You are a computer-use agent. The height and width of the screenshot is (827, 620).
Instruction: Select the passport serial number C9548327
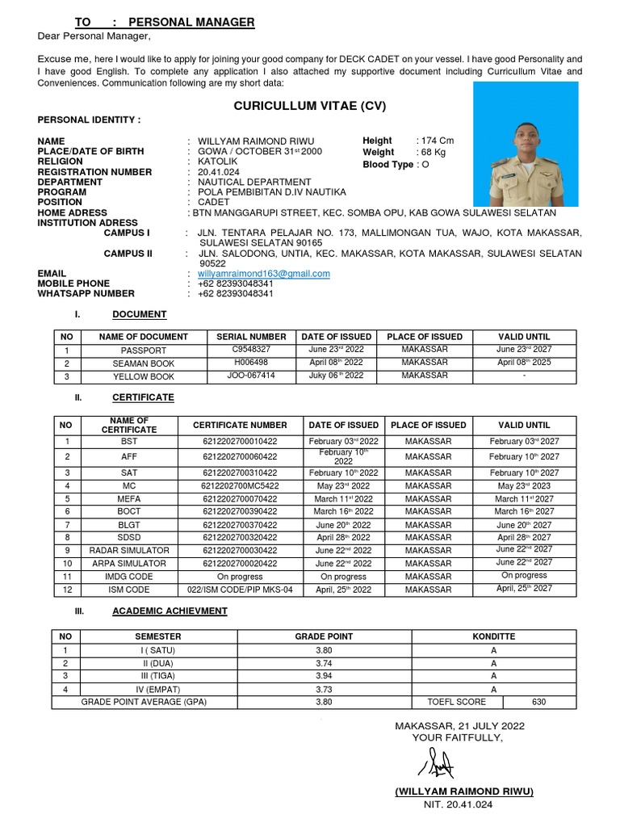(251, 350)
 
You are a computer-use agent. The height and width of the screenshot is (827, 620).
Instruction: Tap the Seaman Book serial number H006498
(251, 363)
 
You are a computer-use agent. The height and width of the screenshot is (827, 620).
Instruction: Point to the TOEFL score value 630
(538, 702)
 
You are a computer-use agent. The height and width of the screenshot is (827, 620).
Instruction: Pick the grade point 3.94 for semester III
(323, 676)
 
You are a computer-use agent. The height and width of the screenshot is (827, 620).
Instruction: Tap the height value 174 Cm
(435, 141)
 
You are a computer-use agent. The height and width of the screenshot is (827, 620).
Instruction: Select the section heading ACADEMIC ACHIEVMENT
(170, 611)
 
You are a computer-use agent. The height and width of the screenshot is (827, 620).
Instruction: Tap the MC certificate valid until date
(526, 486)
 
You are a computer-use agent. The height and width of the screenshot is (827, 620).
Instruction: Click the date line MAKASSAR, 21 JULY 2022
(459, 726)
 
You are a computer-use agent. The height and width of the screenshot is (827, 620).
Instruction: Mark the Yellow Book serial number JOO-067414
(251, 376)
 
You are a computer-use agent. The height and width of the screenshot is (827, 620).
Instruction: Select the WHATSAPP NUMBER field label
(86, 294)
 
